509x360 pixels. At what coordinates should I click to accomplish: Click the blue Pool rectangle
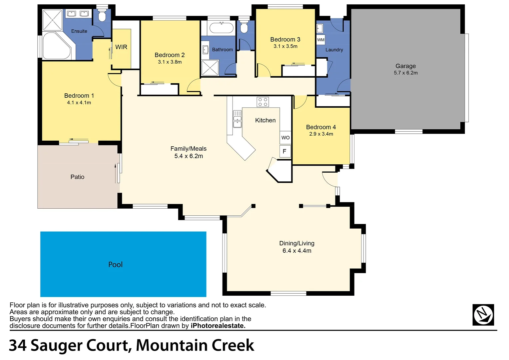tap(123, 264)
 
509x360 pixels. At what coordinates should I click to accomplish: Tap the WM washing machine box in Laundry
tap(320, 40)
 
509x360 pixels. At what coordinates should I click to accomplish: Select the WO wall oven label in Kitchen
tap(285, 138)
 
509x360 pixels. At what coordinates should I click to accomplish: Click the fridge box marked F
tap(284, 151)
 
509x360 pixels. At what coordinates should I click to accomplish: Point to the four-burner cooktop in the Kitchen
tap(262, 102)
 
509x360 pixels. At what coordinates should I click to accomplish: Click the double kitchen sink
tap(237, 119)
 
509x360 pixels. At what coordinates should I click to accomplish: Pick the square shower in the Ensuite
tap(52, 20)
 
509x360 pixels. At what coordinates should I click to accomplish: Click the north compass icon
tap(483, 314)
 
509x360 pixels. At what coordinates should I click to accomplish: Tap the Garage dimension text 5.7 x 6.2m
tap(405, 73)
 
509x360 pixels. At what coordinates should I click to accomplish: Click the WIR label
tap(121, 47)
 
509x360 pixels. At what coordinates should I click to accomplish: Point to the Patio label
tap(77, 177)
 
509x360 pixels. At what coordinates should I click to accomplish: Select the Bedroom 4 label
tap(321, 127)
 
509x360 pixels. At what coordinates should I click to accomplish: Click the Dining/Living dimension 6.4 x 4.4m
tap(297, 251)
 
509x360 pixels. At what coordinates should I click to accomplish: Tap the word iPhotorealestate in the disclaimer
tap(218, 326)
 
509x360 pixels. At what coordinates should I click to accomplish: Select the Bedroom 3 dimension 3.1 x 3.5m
tap(285, 46)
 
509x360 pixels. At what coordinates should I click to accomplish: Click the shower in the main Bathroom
tap(210, 68)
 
